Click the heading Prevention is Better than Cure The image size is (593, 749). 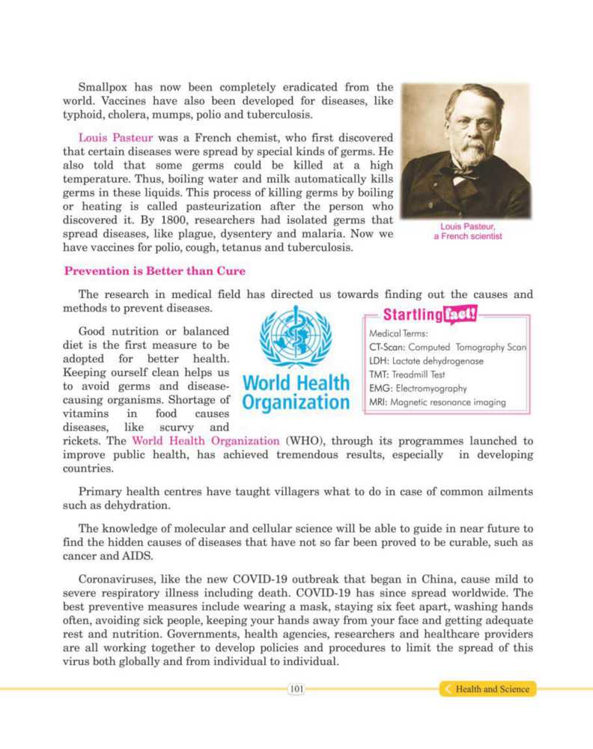[154, 270]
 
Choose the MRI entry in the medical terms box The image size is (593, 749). [437, 402]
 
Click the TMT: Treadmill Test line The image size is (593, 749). [407, 375]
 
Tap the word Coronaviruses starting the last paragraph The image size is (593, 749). [116, 581]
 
